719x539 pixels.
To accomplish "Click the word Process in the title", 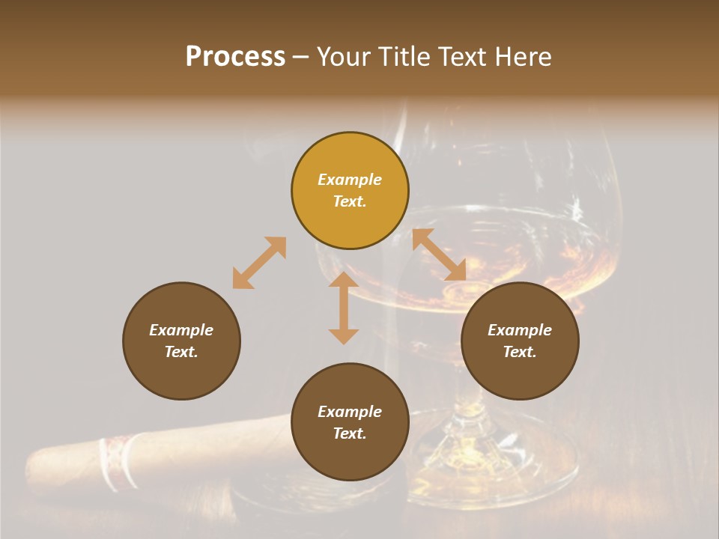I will click(235, 57).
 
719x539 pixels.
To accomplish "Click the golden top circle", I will click(350, 190).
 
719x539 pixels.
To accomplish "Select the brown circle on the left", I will click(181, 341).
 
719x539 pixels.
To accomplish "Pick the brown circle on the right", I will click(520, 341).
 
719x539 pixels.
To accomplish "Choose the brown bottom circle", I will click(350, 421).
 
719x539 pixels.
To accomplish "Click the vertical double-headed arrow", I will click(344, 308).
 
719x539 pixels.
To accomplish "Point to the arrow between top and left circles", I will click(259, 263).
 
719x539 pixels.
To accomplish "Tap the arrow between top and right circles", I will click(439, 255).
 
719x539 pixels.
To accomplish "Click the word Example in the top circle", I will click(350, 180).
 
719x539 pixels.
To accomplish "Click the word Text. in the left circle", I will click(181, 352).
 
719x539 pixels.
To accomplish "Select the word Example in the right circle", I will click(520, 330).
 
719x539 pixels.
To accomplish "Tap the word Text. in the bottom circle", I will click(350, 433).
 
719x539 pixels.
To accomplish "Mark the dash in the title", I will click(300, 57).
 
